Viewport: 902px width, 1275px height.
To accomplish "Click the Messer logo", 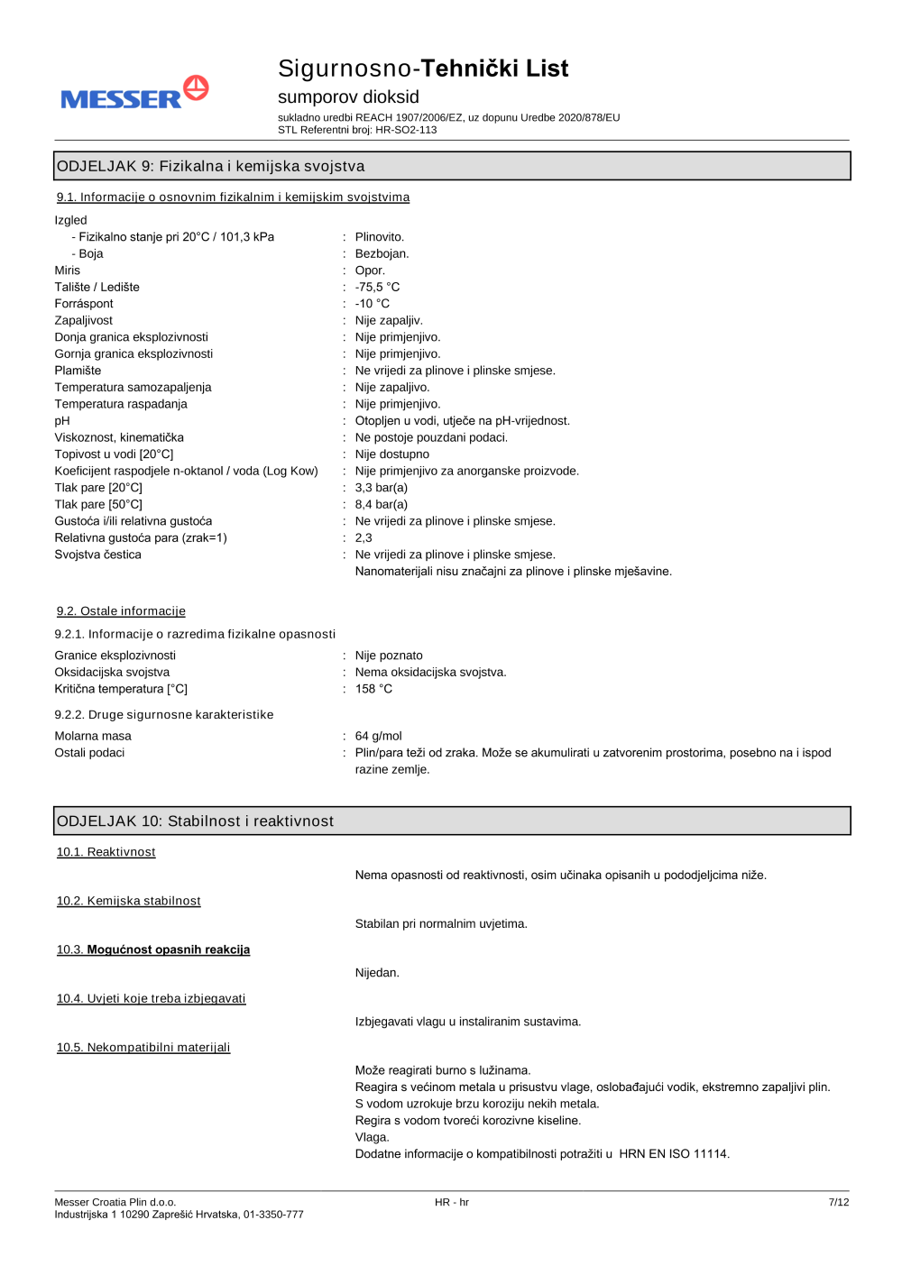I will tap(134, 93).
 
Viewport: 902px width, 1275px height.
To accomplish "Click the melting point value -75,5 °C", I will tap(377, 287).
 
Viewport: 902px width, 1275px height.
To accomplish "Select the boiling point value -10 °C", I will tap(372, 304).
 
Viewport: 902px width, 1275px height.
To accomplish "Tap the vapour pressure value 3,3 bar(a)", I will tap(381, 488).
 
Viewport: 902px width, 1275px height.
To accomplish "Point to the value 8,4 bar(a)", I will tap(381, 504).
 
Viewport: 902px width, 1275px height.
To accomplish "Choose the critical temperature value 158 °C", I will tap(373, 689).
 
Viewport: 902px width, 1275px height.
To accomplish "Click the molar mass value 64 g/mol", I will tap(378, 736).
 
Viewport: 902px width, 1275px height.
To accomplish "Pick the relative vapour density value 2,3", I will tap(364, 537).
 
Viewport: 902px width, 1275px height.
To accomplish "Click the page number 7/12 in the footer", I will tap(838, 1202).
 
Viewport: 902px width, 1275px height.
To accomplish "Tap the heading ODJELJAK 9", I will tap(211, 166).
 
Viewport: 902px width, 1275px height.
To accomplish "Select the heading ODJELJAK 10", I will tap(196, 821).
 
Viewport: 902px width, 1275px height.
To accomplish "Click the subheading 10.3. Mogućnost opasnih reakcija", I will tap(153, 949).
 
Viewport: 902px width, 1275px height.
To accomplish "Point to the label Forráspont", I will tap(84, 304).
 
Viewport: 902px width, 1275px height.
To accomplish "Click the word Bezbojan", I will tap(382, 253).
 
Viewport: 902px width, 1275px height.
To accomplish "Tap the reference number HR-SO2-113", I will tap(406, 130).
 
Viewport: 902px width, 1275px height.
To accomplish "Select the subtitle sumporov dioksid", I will tap(348, 96).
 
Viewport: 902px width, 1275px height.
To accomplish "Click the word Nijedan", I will tap(377, 973).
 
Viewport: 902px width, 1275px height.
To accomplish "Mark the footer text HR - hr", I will tap(451, 1202).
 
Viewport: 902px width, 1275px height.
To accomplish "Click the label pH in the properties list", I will tap(62, 421).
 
